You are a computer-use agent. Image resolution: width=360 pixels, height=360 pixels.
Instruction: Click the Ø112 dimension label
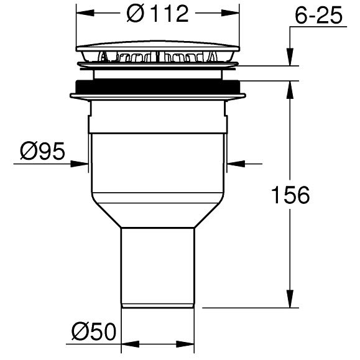[157, 14]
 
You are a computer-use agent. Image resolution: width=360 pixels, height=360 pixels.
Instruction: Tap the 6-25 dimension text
[319, 16]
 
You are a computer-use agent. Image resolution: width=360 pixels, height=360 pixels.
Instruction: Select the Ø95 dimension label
[42, 151]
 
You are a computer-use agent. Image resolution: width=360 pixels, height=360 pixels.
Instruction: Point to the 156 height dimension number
[290, 195]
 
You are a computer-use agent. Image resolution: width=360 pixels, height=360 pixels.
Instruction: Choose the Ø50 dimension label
[94, 331]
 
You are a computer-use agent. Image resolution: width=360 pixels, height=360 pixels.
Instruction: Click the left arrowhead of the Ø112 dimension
[85, 13]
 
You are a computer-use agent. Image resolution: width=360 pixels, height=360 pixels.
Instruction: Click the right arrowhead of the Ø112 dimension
[230, 13]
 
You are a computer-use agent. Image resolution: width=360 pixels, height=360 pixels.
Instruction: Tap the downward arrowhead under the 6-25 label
[290, 57]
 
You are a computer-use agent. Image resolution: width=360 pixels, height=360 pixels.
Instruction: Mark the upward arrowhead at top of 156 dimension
[290, 90]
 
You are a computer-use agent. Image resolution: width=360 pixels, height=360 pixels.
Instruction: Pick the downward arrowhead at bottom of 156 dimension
[290, 298]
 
